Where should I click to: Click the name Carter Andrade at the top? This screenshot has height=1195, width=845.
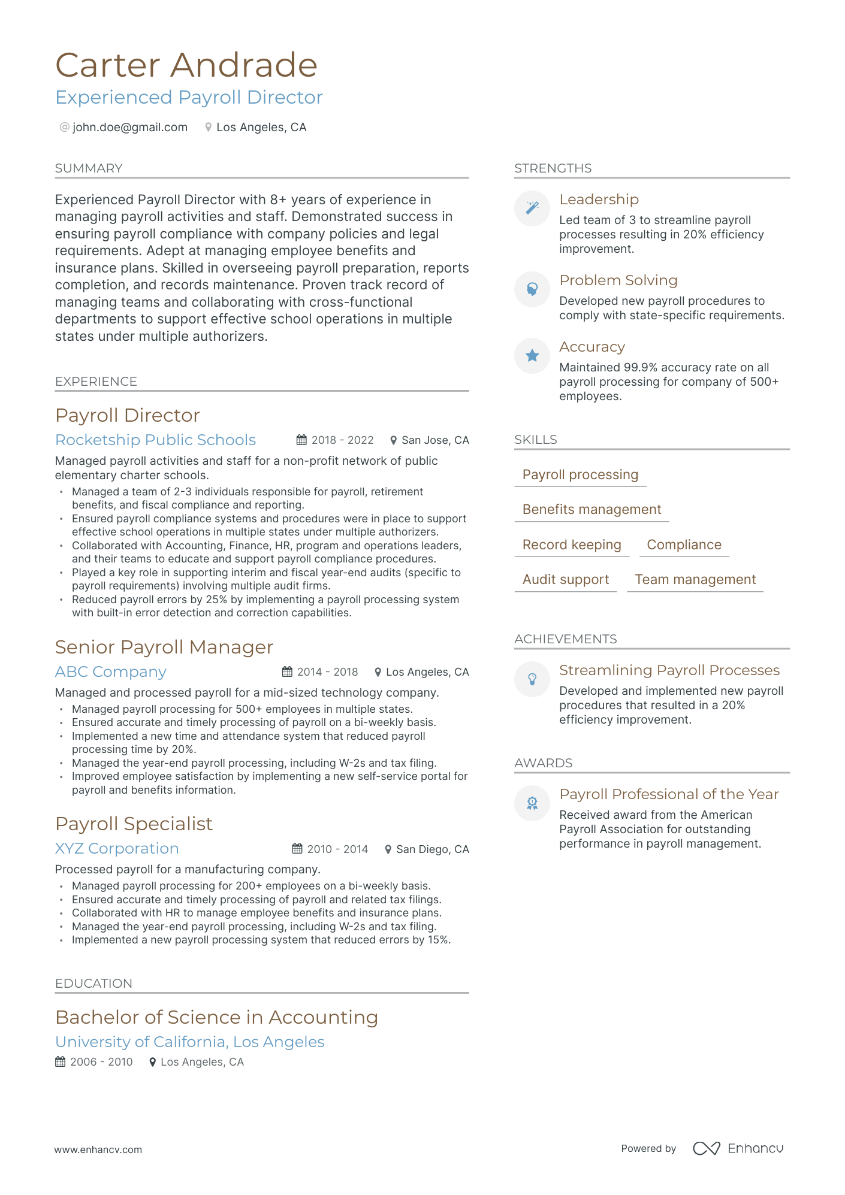pyautogui.click(x=186, y=65)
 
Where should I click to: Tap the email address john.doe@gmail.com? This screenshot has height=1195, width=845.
pyautogui.click(x=130, y=127)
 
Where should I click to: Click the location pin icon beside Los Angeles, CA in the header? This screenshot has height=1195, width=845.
pyautogui.click(x=208, y=127)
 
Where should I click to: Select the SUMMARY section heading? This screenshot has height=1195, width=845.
pyautogui.click(x=89, y=168)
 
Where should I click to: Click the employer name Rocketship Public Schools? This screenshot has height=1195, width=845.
pyautogui.click(x=155, y=440)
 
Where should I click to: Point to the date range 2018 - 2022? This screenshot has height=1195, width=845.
pyautogui.click(x=342, y=440)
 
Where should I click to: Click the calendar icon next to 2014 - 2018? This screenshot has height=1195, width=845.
pyautogui.click(x=288, y=671)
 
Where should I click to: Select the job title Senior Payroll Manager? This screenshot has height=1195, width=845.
pyautogui.click(x=164, y=647)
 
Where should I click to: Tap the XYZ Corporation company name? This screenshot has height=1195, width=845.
pyautogui.click(x=117, y=848)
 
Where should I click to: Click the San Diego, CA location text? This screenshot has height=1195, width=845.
pyautogui.click(x=432, y=849)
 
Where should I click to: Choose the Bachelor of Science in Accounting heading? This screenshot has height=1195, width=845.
pyautogui.click(x=216, y=1017)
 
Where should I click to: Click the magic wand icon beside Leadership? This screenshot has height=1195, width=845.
pyautogui.click(x=532, y=208)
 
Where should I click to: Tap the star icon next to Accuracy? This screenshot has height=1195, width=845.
pyautogui.click(x=532, y=356)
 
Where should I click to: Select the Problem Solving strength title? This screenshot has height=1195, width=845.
pyautogui.click(x=618, y=280)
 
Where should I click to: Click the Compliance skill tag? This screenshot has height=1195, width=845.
pyautogui.click(x=684, y=544)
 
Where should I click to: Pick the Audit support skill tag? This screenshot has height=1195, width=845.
pyautogui.click(x=565, y=579)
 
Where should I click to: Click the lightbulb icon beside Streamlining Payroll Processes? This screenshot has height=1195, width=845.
pyautogui.click(x=532, y=679)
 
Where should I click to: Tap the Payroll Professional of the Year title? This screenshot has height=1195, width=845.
pyautogui.click(x=669, y=794)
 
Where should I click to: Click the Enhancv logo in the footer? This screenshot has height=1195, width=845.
pyautogui.click(x=738, y=1148)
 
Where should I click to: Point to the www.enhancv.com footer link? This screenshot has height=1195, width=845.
pyautogui.click(x=98, y=1149)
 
